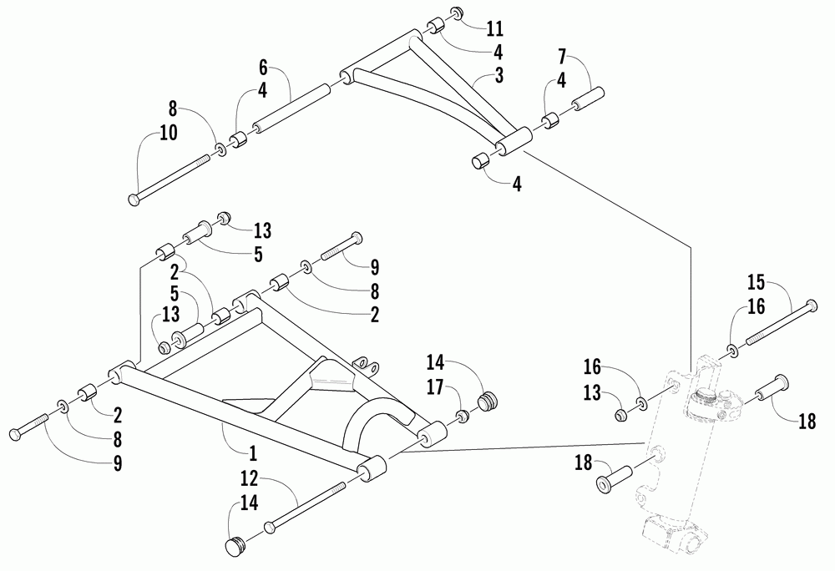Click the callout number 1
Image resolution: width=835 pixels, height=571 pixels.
click(252, 454)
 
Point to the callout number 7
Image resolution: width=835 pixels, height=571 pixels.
click(562, 58)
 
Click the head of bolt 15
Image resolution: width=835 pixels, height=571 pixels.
click(812, 306)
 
